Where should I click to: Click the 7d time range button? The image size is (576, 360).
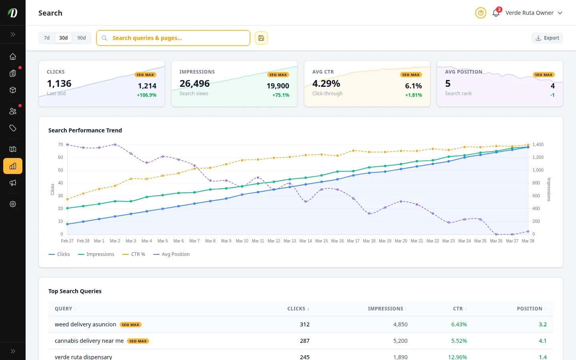tap(47, 38)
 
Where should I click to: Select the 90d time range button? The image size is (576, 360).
tap(82, 38)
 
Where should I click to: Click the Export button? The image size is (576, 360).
tap(547, 38)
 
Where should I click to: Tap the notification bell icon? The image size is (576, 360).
tap(496, 13)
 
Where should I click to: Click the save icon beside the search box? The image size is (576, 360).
tap(261, 38)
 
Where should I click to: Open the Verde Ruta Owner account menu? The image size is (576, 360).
tap(534, 13)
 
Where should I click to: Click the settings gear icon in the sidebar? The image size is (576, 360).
tap(13, 204)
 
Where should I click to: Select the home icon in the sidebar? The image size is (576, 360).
tap(13, 56)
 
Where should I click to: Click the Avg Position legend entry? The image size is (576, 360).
tap(172, 254)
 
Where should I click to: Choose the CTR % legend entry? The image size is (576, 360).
tap(134, 254)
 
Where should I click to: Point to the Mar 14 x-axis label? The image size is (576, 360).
tap(306, 241)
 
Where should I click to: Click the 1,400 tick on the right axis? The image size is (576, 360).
tap(538, 144)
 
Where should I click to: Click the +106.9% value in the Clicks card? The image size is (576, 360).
tap(146, 95)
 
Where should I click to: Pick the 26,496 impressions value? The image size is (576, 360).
tap(194, 84)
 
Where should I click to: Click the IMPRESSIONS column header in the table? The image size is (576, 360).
tap(385, 309)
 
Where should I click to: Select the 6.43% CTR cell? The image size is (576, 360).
tap(459, 324)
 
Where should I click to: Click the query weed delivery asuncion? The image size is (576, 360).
tap(86, 324)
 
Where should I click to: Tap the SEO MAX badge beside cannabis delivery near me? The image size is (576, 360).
tap(138, 341)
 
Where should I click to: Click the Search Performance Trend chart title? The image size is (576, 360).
tap(85, 130)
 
